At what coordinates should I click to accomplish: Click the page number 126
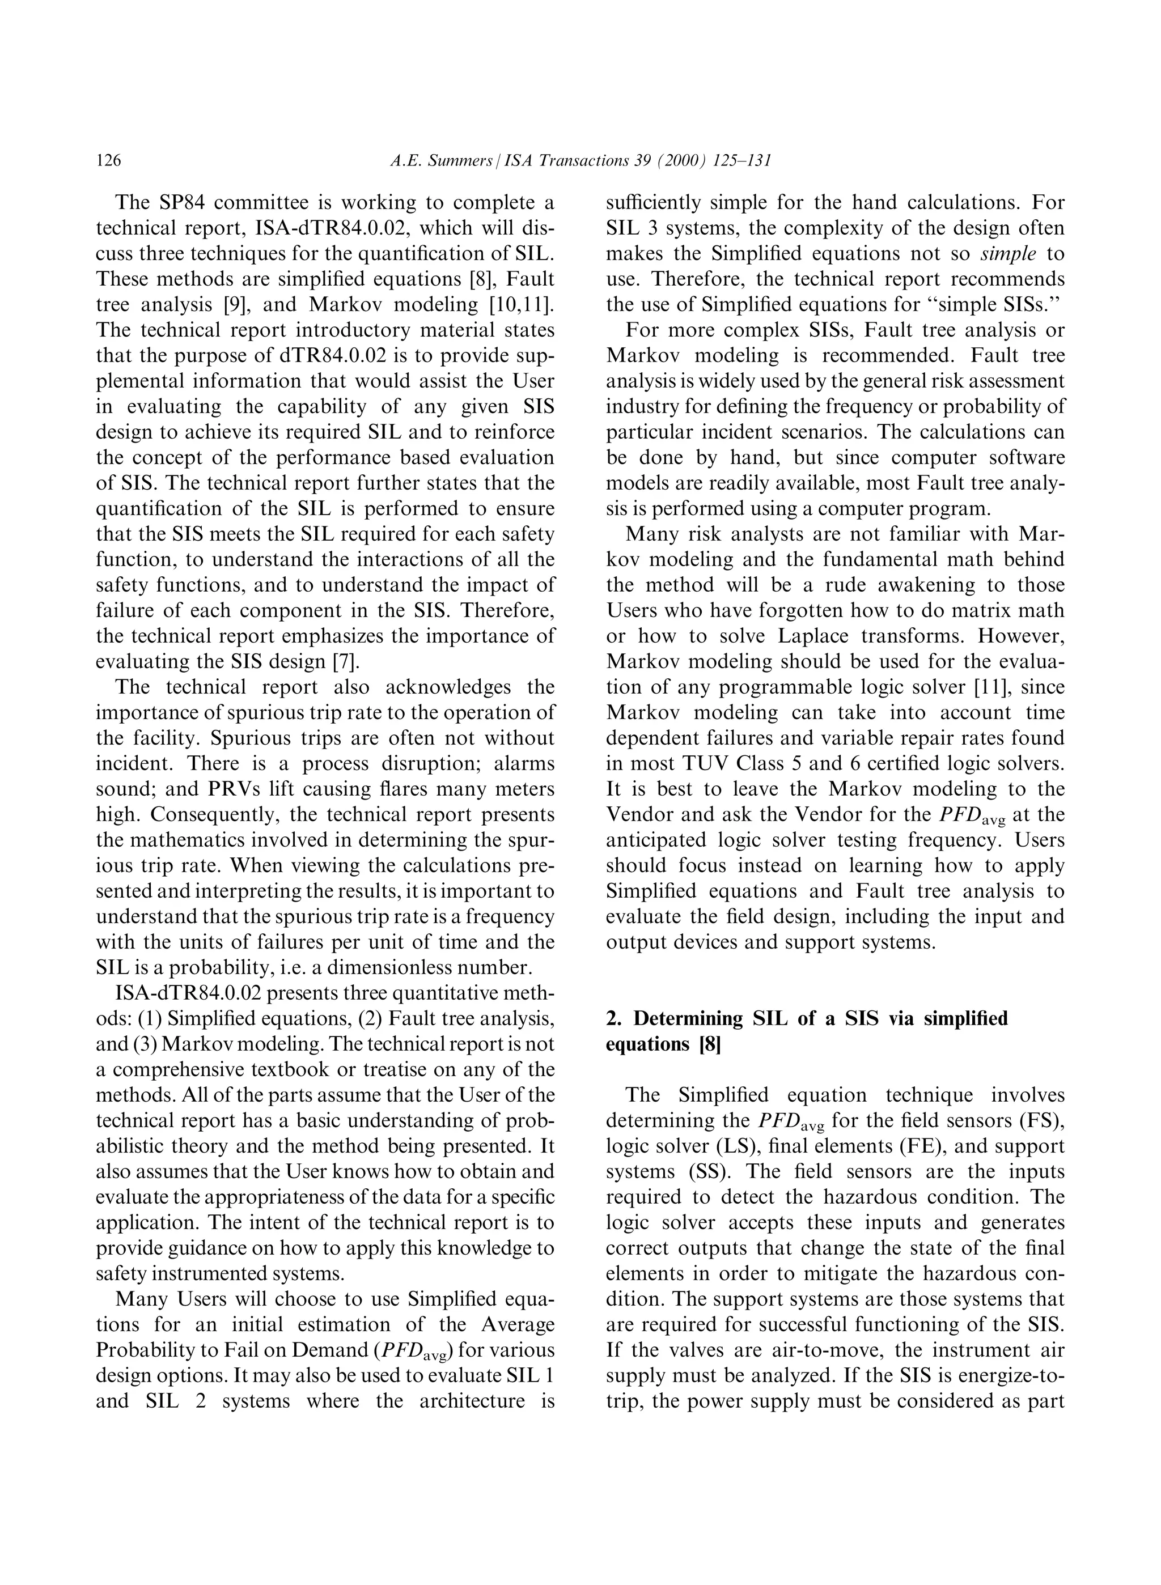tap(109, 161)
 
